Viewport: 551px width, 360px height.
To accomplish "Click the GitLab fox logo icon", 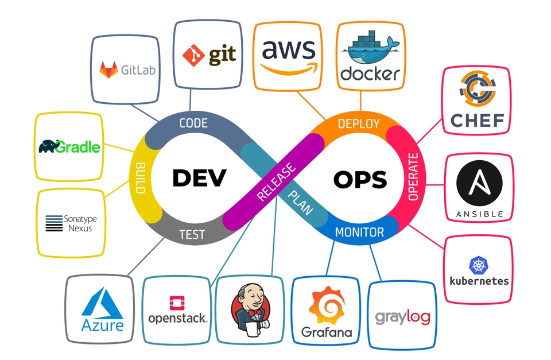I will click(x=108, y=70).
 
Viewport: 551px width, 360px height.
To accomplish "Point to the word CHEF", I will click(x=477, y=121).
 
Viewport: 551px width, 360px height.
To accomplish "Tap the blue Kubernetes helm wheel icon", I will click(x=479, y=265).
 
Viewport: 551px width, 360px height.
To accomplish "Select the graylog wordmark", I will click(x=402, y=316).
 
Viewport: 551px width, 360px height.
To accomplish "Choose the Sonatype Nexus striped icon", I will click(x=54, y=223).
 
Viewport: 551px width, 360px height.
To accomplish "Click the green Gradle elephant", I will click(x=50, y=146).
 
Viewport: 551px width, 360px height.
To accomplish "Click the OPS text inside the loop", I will click(x=360, y=180).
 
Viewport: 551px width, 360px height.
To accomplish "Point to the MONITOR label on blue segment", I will click(x=359, y=232).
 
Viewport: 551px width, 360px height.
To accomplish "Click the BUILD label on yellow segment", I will click(x=139, y=178).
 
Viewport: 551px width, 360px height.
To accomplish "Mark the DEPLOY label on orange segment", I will click(x=358, y=123).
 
